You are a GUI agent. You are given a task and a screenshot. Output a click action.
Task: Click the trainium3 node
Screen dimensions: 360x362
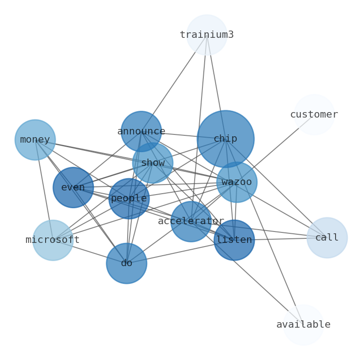207,35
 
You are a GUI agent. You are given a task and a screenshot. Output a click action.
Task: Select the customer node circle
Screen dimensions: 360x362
314,115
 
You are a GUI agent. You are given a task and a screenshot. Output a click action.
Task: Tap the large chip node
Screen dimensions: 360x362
225,139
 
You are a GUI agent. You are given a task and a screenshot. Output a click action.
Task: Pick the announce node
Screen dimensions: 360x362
141,132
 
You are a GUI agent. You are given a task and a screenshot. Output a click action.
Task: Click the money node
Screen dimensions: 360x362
35,140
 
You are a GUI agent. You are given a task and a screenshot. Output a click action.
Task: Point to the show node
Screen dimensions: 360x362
152,163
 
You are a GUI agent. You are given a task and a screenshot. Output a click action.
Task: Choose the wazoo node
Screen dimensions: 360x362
236,182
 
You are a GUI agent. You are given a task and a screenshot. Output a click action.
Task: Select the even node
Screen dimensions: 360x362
73,188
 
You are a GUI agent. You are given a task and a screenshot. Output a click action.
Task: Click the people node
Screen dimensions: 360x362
129,199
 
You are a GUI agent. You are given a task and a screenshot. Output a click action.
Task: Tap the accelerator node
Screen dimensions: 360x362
191,221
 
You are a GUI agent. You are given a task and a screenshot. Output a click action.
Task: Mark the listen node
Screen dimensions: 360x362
234,240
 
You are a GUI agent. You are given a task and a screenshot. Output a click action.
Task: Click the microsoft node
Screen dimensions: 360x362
53,240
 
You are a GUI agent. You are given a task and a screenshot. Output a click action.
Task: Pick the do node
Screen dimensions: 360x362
126,263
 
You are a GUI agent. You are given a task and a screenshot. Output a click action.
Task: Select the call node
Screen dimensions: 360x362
327,238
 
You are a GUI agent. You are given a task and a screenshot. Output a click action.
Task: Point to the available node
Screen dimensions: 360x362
303,325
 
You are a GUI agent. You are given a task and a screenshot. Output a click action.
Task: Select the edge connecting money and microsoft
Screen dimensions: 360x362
44,189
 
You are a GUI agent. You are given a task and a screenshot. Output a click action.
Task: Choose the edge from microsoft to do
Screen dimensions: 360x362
89,252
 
